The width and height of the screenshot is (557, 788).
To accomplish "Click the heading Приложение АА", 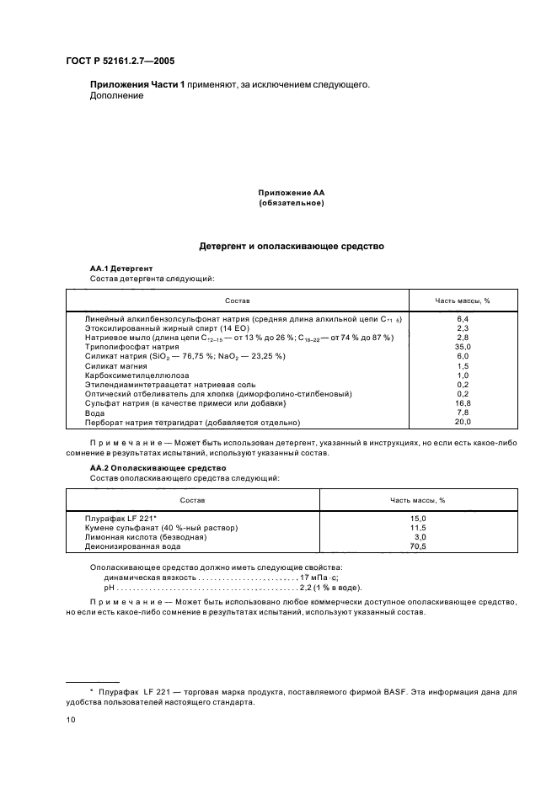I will point(291,193).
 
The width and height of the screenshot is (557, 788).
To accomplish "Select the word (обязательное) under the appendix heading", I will point(291,203).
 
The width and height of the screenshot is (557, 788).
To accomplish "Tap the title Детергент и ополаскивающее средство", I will point(291,247).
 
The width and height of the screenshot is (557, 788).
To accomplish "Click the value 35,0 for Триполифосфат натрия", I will point(462,346).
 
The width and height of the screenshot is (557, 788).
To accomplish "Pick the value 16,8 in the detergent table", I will point(462,402).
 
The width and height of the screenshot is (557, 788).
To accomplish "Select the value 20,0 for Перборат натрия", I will point(462,422).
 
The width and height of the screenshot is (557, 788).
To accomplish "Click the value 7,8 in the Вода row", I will point(462,412).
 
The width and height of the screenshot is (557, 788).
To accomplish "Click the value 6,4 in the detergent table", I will point(462,318).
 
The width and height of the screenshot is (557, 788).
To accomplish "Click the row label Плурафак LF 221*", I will point(121,518).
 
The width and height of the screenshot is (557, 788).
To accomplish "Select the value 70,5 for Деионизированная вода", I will point(417,546).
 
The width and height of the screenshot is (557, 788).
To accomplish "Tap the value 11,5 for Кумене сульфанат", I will point(417,527).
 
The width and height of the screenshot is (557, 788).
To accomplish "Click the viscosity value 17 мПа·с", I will point(319,578).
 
